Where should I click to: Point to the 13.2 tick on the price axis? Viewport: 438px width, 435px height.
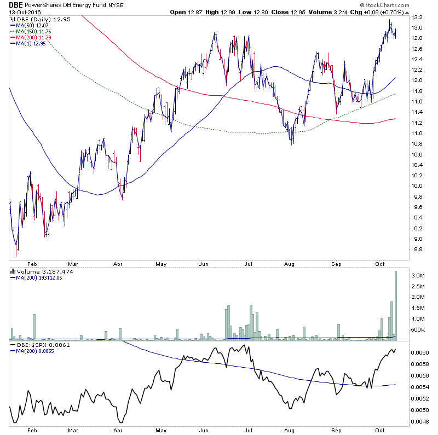pyautogui.click(x=417, y=17)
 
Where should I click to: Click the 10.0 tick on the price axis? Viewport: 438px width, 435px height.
pyautogui.click(x=417, y=186)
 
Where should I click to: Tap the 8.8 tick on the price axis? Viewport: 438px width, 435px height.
pyautogui.click(x=417, y=250)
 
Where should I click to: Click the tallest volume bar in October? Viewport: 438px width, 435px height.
pyautogui.click(x=395, y=304)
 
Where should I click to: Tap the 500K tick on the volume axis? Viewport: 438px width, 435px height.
pyautogui.click(x=419, y=329)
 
